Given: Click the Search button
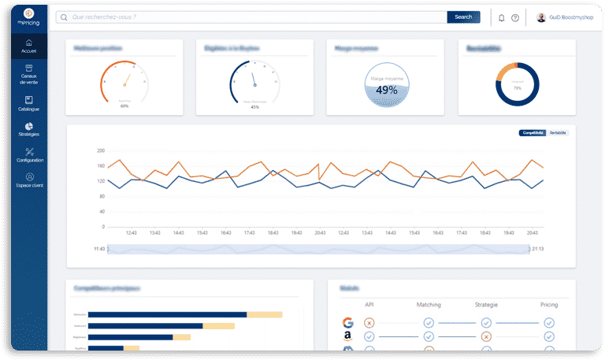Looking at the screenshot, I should [x=463, y=17].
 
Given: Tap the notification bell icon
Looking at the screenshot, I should [x=502, y=17].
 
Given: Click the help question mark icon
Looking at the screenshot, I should [x=515, y=17].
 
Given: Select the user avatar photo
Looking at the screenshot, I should [x=541, y=17].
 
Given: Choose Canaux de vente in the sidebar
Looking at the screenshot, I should [x=29, y=74].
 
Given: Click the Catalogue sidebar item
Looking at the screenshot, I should [x=29, y=103].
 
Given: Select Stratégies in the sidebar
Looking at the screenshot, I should [x=29, y=129].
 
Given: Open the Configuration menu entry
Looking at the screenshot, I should [x=29, y=154].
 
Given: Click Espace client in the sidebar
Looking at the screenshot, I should [x=29, y=180].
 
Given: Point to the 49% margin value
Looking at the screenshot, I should [x=387, y=90].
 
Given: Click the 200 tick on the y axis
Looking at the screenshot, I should [x=101, y=150].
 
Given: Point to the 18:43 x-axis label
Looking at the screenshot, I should [x=273, y=232].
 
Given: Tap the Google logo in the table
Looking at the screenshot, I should [x=347, y=322].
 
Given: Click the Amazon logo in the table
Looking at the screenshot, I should [x=347, y=336].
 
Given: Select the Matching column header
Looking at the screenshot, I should [x=429, y=304].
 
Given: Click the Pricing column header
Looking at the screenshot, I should [x=549, y=304].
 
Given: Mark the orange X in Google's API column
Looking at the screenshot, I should [x=369, y=323].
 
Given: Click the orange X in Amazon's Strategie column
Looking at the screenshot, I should [x=486, y=337].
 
